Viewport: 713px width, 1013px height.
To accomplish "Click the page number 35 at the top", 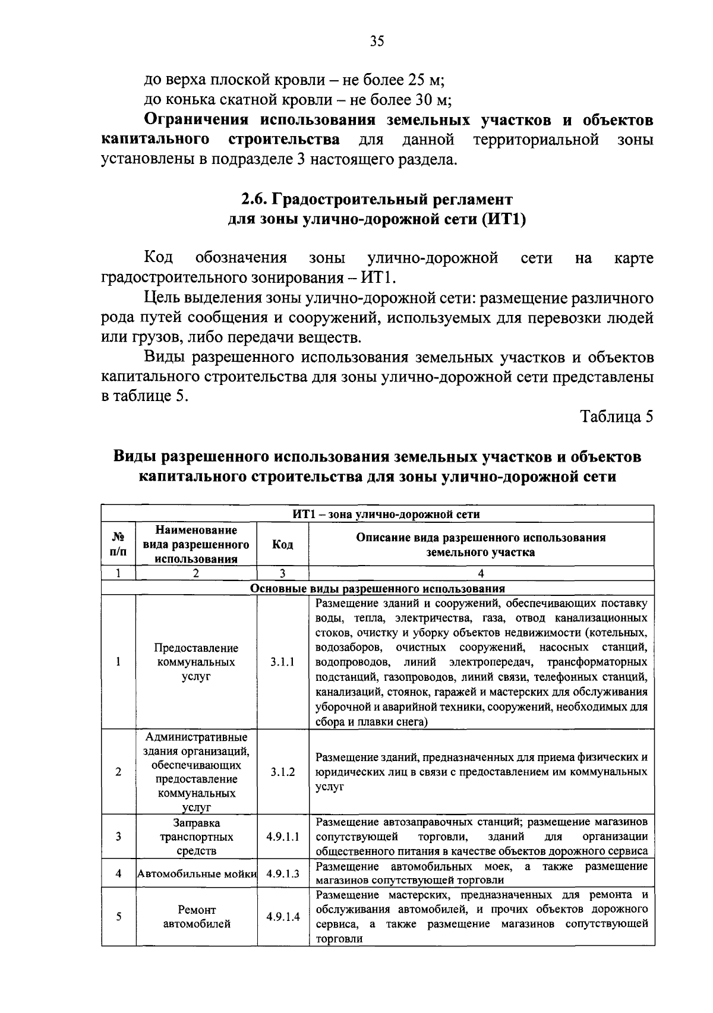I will click(x=377, y=41).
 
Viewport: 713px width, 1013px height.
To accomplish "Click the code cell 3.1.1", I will click(x=282, y=662).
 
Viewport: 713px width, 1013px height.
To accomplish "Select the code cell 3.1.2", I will click(x=282, y=772).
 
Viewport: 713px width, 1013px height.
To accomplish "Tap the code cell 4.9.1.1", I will click(x=282, y=837).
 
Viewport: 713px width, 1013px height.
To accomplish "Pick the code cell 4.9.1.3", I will click(x=282, y=873).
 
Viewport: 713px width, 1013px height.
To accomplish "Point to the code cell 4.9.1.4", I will click(x=282, y=916).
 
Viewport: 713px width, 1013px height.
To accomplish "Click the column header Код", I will click(x=282, y=544).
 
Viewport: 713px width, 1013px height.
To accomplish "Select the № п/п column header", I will click(x=118, y=544).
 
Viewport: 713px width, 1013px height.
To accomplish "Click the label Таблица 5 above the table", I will click(x=617, y=416).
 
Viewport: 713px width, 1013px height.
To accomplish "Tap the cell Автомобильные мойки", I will click(x=197, y=873).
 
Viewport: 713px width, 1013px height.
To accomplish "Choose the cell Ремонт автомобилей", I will click(x=197, y=917).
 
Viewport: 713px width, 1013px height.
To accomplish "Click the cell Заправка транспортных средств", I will click(x=197, y=837).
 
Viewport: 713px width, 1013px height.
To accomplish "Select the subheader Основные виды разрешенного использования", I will click(x=377, y=588).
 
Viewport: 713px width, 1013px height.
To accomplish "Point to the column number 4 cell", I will click(x=481, y=573).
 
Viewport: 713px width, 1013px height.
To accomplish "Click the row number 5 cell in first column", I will click(x=118, y=916).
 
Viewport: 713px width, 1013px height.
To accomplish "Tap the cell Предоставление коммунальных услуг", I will click(x=197, y=662).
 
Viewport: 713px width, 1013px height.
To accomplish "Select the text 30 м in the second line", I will click(x=433, y=99).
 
